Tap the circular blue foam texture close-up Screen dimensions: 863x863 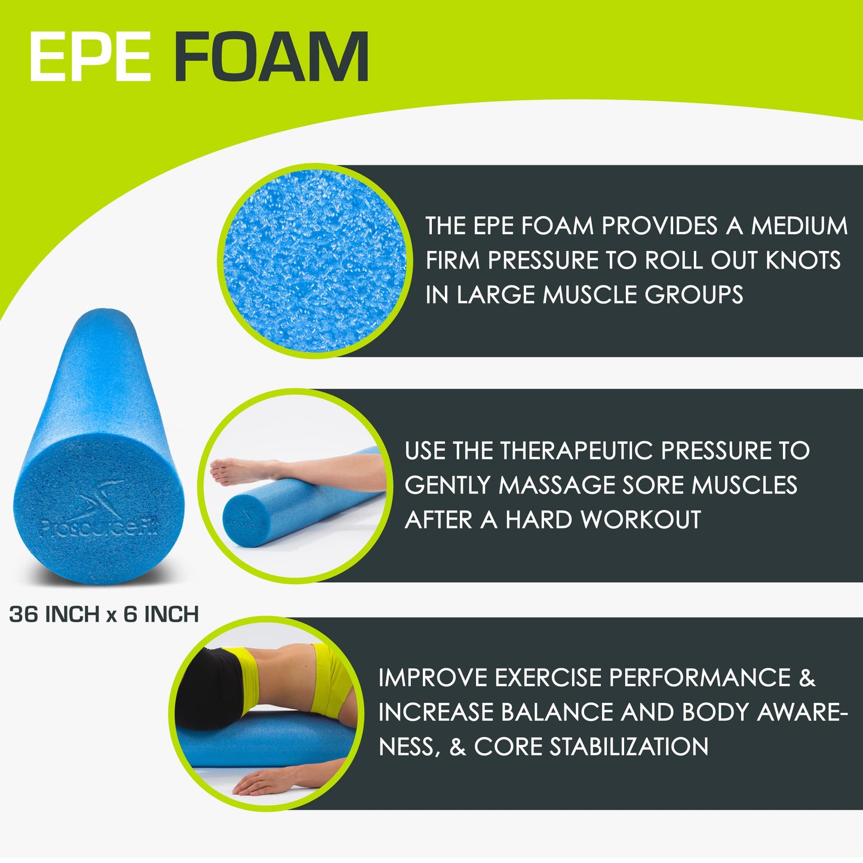pos(315,261)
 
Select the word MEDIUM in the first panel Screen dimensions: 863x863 pos(799,226)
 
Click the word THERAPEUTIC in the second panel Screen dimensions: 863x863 pos(577,451)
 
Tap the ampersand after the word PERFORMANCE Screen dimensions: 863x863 pos(806,678)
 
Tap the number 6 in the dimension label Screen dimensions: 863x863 pos(130,614)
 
